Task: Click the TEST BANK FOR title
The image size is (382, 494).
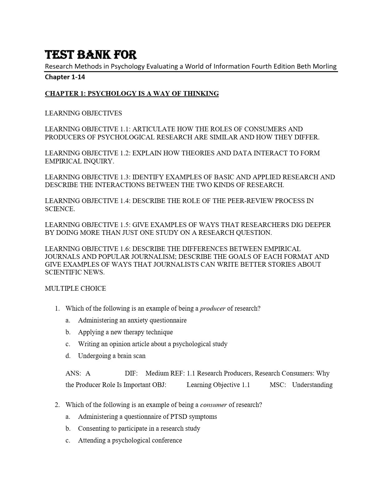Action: pyautogui.click(x=91, y=55)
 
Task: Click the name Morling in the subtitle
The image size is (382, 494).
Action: pyautogui.click(x=324, y=66)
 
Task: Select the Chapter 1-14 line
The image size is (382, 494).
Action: pyautogui.click(x=65, y=77)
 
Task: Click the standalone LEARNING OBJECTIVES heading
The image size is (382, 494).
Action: pyautogui.click(x=83, y=113)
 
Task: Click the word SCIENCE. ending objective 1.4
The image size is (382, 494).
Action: pyautogui.click(x=60, y=209)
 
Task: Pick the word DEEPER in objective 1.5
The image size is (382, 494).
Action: pyautogui.click(x=319, y=225)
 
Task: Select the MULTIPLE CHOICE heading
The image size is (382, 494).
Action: pyautogui.click(x=76, y=288)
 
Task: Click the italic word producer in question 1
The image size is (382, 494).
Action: pyautogui.click(x=213, y=308)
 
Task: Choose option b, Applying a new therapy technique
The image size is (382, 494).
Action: pyautogui.click(x=125, y=332)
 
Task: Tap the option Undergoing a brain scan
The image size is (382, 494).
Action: pyautogui.click(x=111, y=356)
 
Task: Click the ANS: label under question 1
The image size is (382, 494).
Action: pyautogui.click(x=73, y=373)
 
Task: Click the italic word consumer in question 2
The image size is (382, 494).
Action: pyautogui.click(x=213, y=405)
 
